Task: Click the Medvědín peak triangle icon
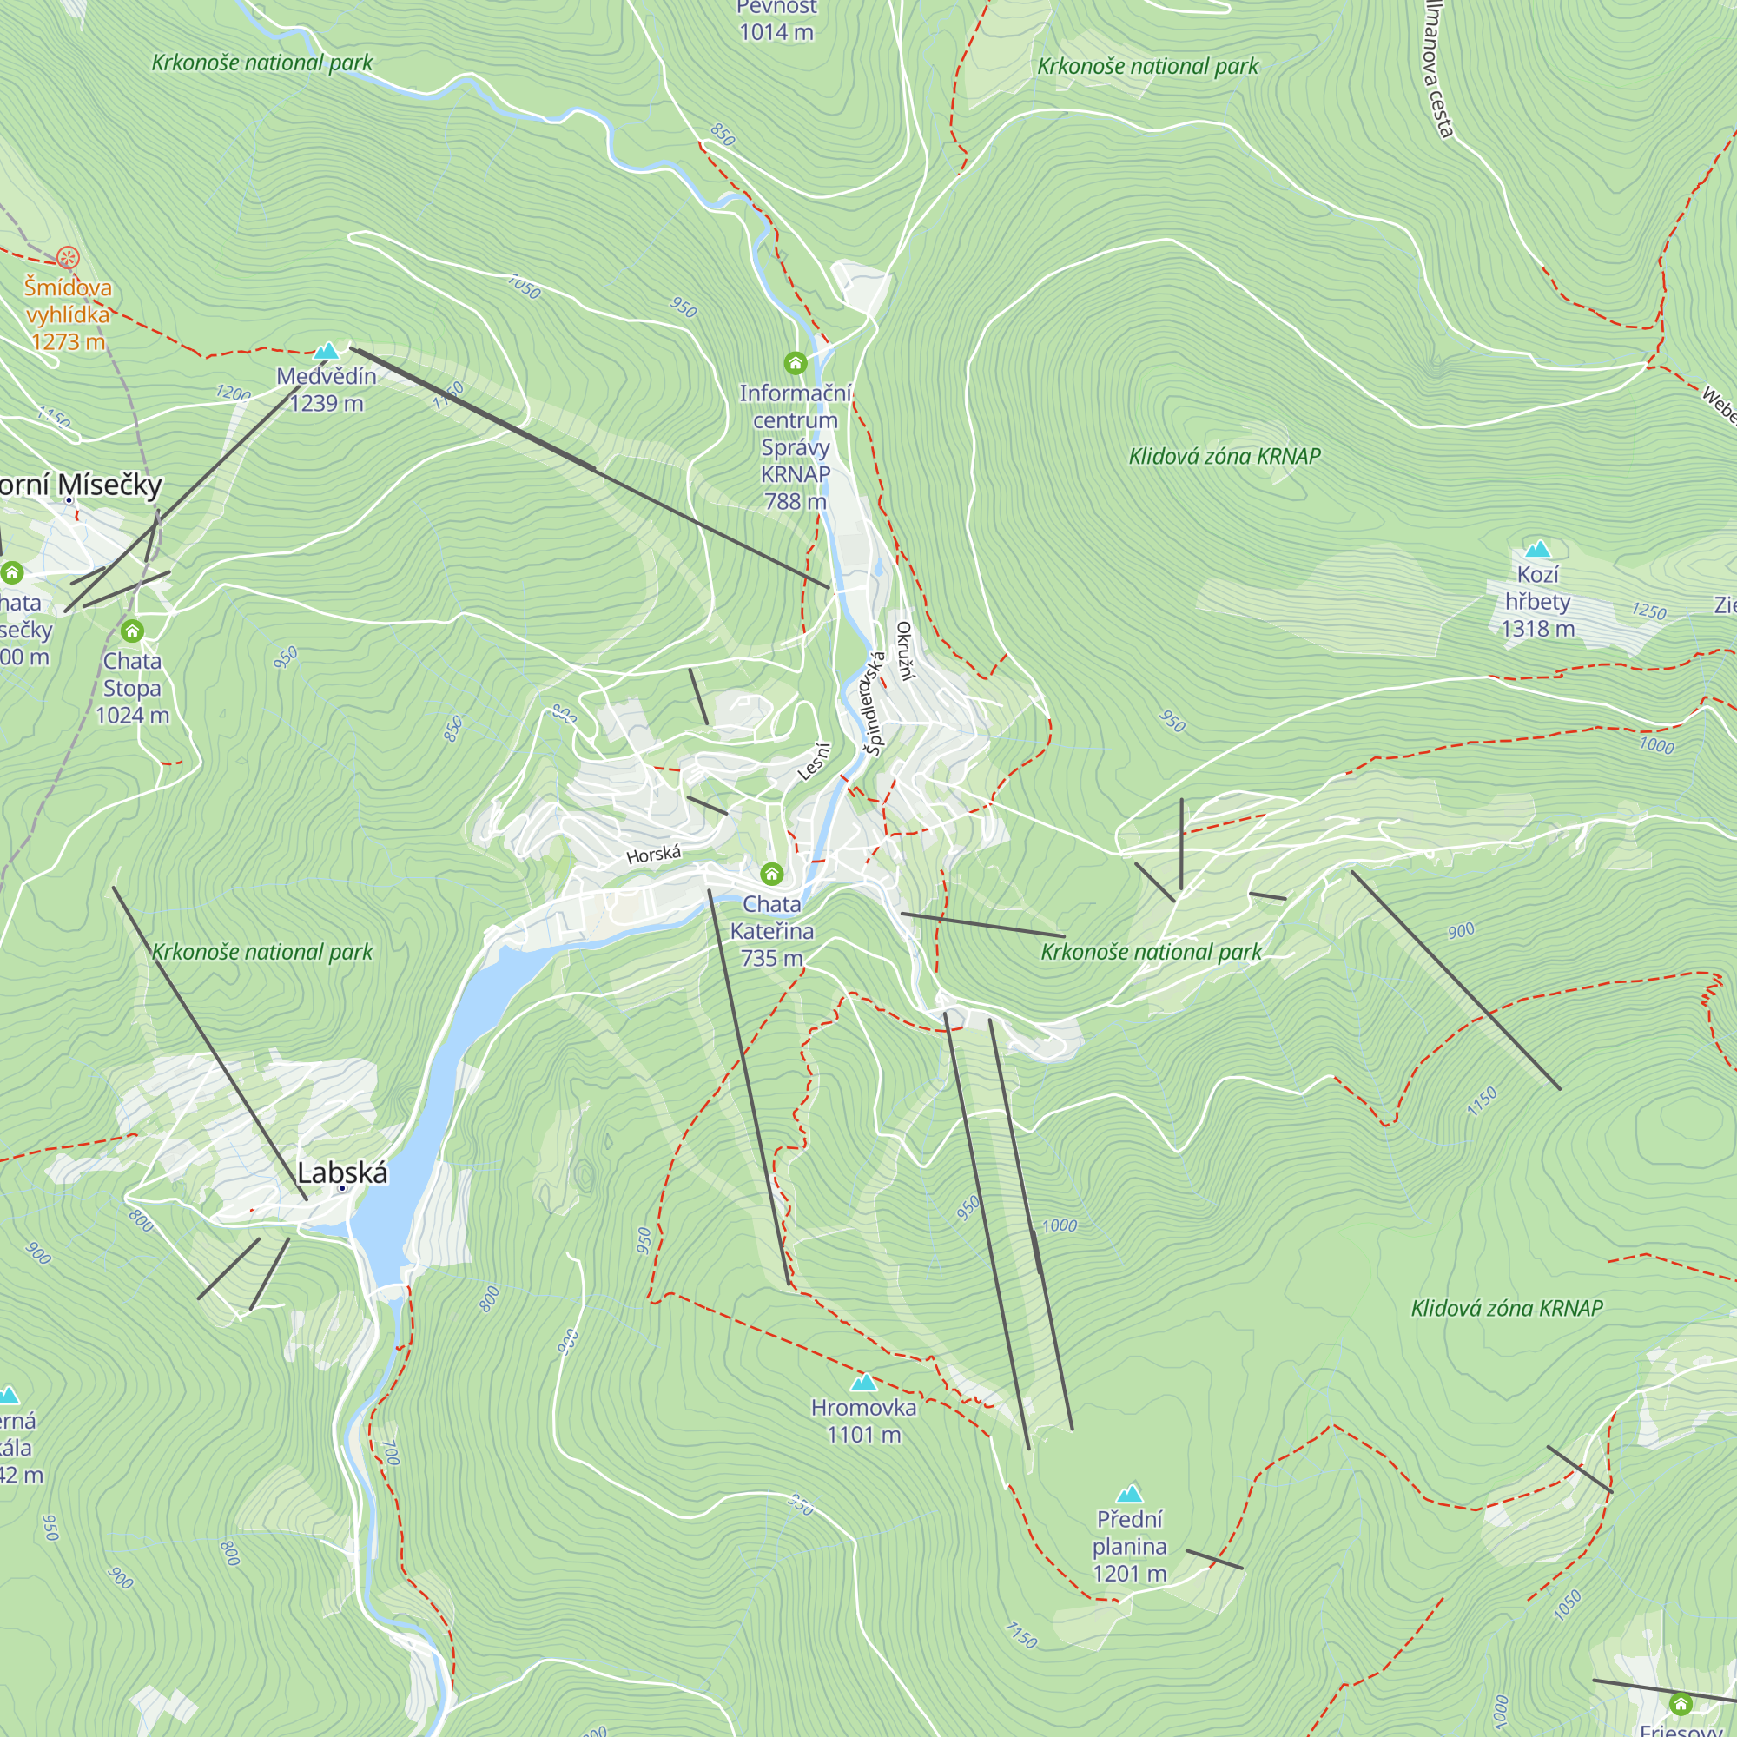(x=327, y=351)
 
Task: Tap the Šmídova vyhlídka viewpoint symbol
(x=68, y=258)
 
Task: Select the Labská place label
(x=341, y=1172)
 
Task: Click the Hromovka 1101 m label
(x=863, y=1421)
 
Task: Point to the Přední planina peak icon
(x=1129, y=1493)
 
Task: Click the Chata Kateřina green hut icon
(x=771, y=873)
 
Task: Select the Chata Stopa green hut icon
(x=132, y=631)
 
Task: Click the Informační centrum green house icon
(x=795, y=362)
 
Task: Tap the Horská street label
(x=654, y=854)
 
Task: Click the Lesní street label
(x=814, y=761)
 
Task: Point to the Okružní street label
(x=904, y=650)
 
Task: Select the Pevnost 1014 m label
(x=776, y=20)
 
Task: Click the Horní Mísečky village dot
(x=69, y=500)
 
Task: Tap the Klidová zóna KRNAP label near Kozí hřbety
(x=1225, y=457)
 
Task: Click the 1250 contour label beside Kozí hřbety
(x=1649, y=611)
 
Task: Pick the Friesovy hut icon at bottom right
(x=1680, y=1703)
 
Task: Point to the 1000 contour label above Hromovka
(x=1059, y=1225)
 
